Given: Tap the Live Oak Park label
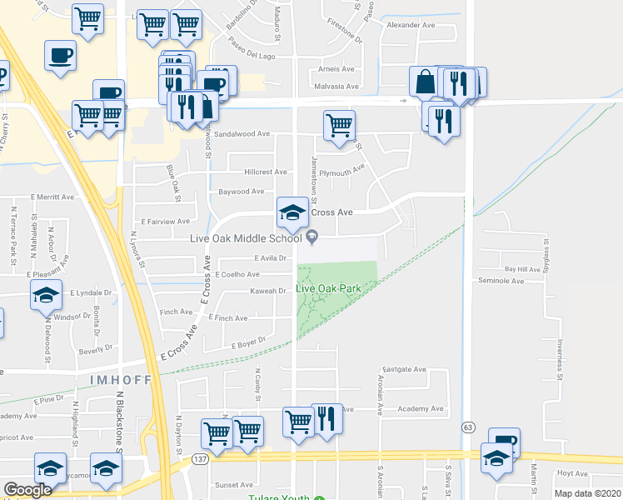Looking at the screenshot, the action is (x=328, y=288).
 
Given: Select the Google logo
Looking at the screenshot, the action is (x=27, y=490).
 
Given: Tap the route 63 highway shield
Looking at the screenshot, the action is (x=468, y=427).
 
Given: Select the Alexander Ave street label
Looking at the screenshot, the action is (x=411, y=26).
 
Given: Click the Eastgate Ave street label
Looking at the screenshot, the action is (x=404, y=368).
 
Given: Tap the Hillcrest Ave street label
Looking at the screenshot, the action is (x=266, y=172).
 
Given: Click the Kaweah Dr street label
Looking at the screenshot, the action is (x=269, y=291).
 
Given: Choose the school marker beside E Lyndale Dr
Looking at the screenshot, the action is (x=47, y=295).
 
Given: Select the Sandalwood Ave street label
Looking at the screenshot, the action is (x=242, y=133).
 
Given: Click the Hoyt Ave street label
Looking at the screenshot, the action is (x=572, y=472).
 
